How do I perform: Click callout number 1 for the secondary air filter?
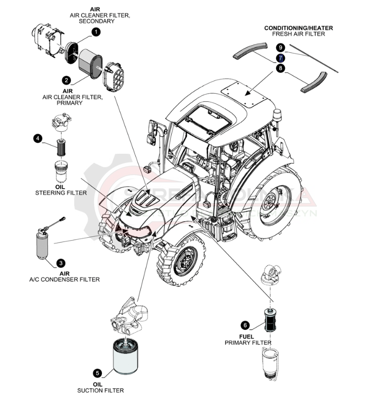point(96,32)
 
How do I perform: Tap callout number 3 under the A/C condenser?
point(61,263)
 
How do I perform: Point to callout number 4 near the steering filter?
point(38,139)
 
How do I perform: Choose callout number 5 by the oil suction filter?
point(98,373)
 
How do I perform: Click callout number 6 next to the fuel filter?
point(245,325)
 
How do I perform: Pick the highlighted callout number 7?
point(280,58)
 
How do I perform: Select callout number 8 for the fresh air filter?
point(280,68)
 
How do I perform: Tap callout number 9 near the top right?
point(280,47)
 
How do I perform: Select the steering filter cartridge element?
point(61,147)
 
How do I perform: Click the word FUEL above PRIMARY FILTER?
point(247,336)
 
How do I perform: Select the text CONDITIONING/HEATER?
point(298,28)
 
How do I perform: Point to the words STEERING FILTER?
point(61,193)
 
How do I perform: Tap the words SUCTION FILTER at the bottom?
point(100,390)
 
